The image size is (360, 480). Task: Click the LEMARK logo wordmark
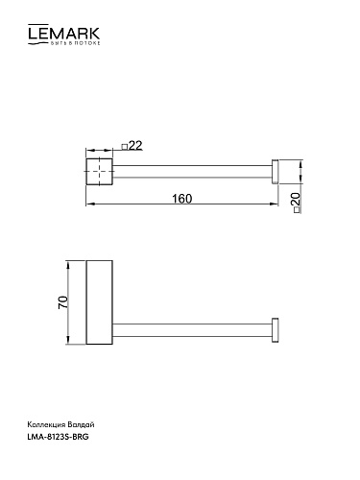(63, 33)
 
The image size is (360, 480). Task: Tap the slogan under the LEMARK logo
(76, 43)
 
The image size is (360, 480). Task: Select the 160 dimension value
(182, 199)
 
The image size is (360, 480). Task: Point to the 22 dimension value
(135, 146)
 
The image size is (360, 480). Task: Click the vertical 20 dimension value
(297, 199)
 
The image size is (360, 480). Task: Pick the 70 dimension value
(63, 302)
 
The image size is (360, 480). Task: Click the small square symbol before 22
(125, 147)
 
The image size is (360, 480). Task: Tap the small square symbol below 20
(297, 210)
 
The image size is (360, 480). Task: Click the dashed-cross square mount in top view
(99, 171)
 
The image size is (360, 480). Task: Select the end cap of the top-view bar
(275, 171)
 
